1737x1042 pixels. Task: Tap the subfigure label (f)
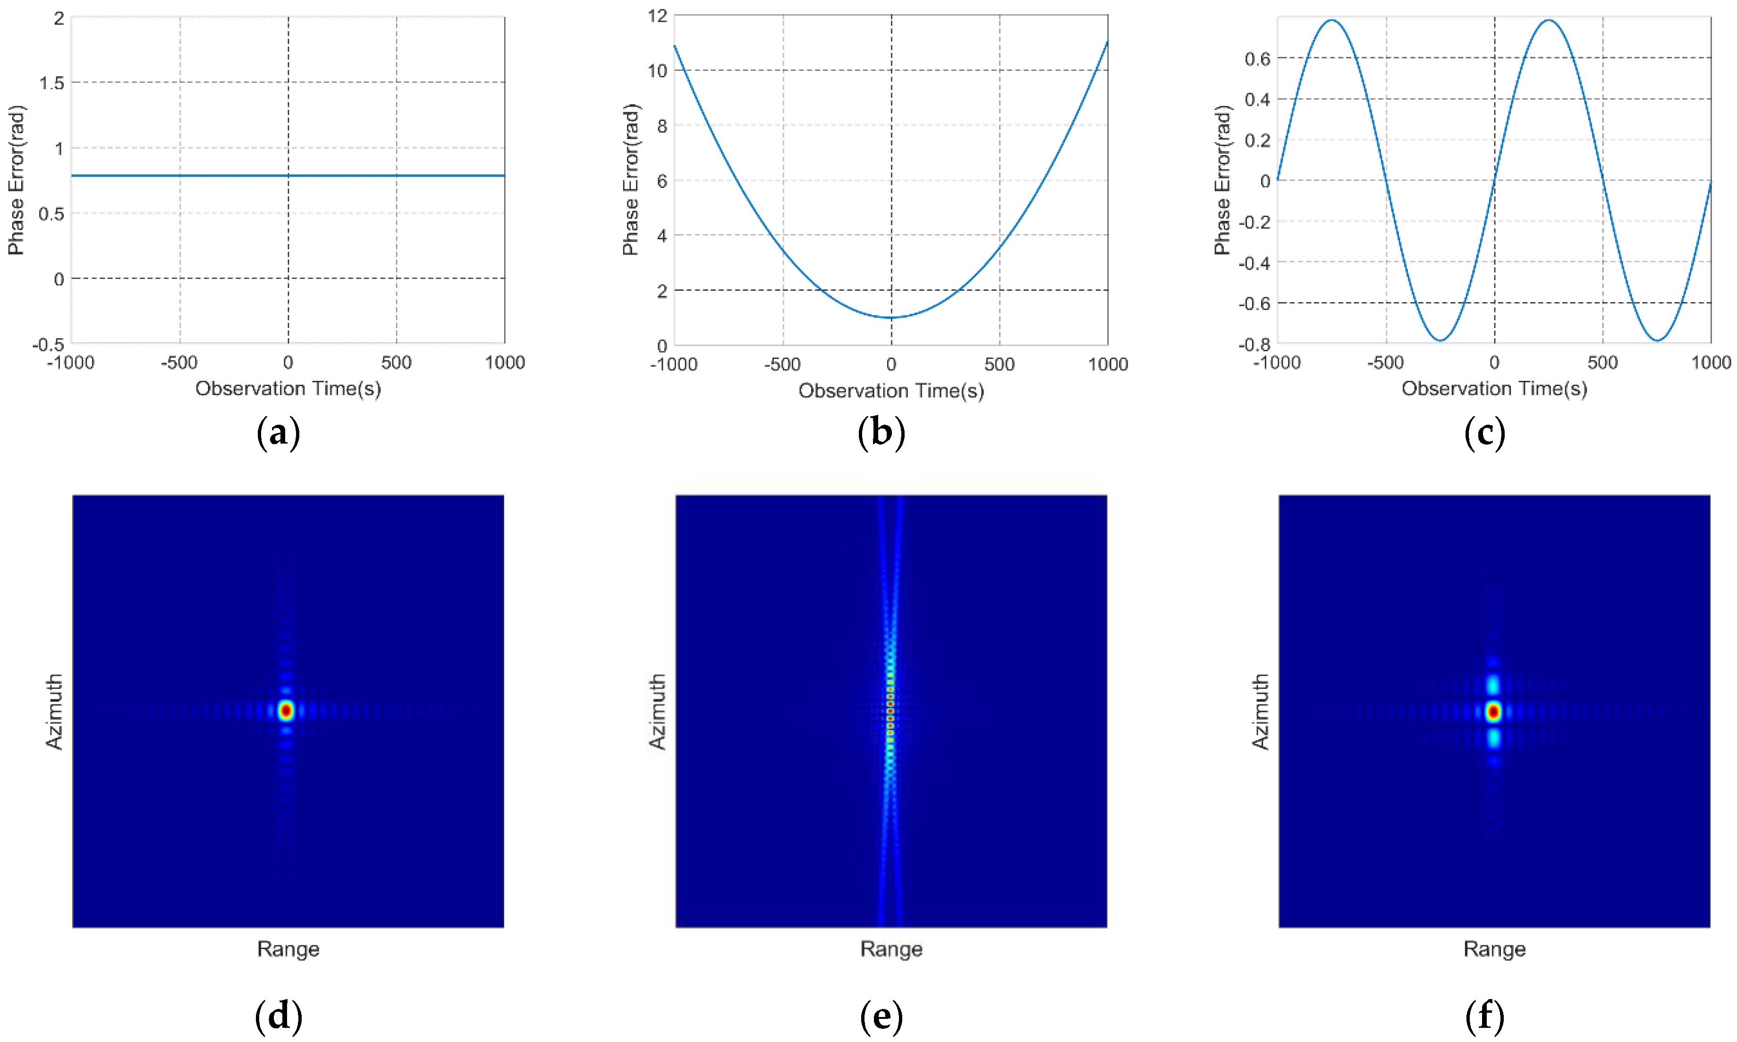[x=1485, y=1016]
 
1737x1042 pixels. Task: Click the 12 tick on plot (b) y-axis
[x=657, y=16]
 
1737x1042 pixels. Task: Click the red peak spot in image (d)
[x=285, y=711]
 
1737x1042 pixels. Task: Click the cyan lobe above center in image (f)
[x=1493, y=684]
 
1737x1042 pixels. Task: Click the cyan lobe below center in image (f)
[x=1493, y=738]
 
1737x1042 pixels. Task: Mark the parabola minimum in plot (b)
[x=891, y=318]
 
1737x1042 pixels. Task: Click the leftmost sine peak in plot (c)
[x=1332, y=20]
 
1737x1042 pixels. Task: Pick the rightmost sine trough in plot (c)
[x=1657, y=341]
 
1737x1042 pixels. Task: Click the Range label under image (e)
[x=890, y=950]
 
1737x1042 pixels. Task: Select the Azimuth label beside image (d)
[x=55, y=711]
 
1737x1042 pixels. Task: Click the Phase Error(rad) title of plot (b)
[x=631, y=180]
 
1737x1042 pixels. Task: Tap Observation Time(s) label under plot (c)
[x=1494, y=388]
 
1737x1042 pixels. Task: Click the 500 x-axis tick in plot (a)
[x=396, y=363]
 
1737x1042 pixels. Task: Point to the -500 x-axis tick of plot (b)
[x=782, y=364]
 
